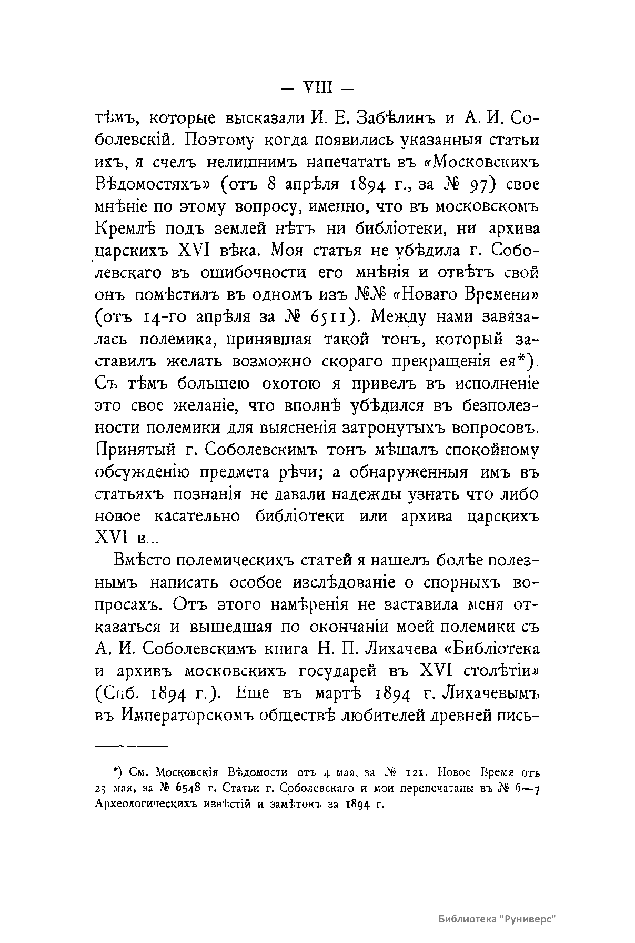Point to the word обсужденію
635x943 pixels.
pos(142,472)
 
